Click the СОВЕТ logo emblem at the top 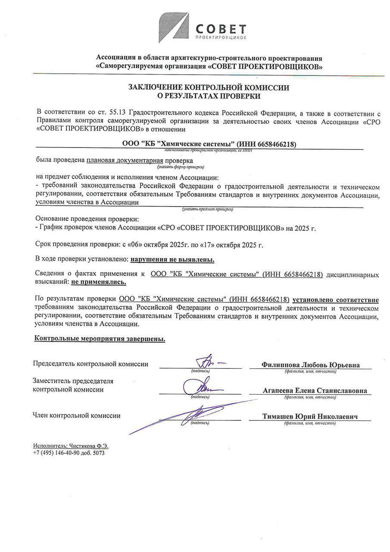click(x=173, y=28)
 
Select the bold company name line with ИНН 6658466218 click(x=209, y=144)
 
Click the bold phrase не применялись click(x=99, y=282)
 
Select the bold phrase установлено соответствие click(x=336, y=300)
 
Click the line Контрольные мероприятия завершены click(x=100, y=339)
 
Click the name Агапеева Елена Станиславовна click(x=315, y=390)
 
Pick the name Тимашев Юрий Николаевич click(x=310, y=417)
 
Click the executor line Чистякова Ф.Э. click(x=71, y=446)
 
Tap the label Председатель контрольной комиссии click(x=90, y=364)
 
